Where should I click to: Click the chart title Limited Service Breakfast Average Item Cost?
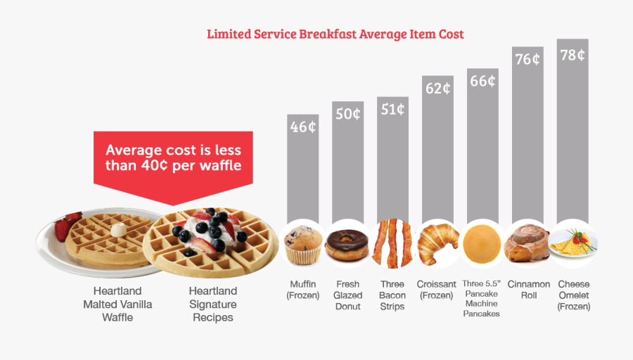point(335,34)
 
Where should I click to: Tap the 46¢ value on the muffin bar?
point(303,127)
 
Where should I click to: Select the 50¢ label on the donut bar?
point(348,114)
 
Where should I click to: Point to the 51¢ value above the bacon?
point(392,109)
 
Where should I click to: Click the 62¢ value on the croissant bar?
point(437,89)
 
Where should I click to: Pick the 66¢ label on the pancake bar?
point(482,81)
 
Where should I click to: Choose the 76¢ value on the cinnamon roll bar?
point(527,59)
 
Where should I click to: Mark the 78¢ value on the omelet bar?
point(573,55)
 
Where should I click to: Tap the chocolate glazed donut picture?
point(347,243)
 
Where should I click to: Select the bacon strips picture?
point(392,243)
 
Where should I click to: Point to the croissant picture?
point(437,243)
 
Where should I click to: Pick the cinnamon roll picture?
point(527,243)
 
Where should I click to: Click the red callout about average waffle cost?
point(173,159)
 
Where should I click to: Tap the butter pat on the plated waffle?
point(118,229)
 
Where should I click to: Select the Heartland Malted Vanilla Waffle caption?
point(117,304)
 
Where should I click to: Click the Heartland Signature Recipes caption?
point(212,304)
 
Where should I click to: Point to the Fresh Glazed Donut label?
point(347,295)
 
